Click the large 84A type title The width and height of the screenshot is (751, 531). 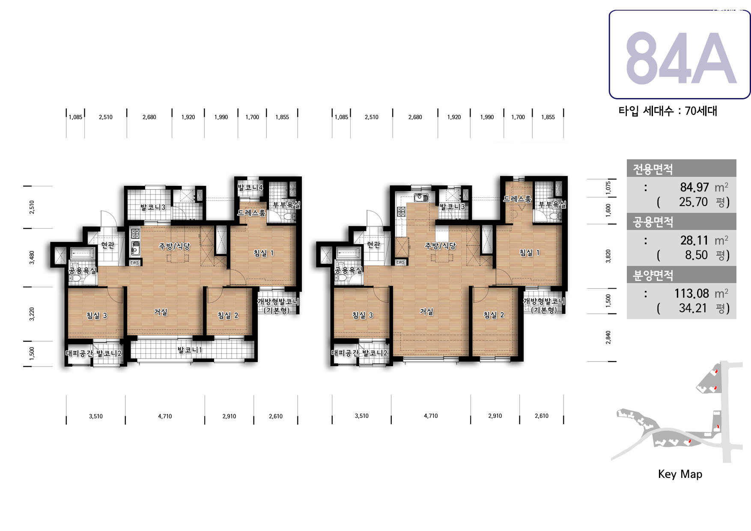681,58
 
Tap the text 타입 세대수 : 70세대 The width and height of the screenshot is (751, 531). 668,111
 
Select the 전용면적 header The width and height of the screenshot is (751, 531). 653,169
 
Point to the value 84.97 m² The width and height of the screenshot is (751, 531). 704,187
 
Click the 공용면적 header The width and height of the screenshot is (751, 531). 653,222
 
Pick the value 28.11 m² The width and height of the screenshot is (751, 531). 704,240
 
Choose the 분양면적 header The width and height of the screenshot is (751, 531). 653,275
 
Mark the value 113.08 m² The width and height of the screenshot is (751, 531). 701,293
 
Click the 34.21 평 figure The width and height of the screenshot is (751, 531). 704,308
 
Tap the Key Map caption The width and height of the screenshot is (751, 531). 680,474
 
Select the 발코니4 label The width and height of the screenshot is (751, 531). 250,187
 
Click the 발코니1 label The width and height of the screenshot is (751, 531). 190,350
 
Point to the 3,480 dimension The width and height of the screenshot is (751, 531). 32,257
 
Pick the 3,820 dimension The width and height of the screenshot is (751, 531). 608,256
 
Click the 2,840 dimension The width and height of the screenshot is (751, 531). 608,337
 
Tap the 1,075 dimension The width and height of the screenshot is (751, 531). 608,188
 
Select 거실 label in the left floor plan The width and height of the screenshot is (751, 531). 161,312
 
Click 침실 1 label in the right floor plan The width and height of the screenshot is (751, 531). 529,253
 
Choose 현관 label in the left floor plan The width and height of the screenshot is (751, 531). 107,245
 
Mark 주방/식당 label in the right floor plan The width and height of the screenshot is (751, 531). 440,246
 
